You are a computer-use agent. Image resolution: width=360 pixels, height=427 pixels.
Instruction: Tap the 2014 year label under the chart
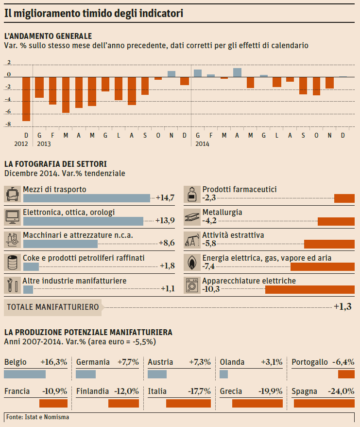[x=202, y=144]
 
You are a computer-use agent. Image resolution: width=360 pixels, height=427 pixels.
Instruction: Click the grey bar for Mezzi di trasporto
[x=86, y=198]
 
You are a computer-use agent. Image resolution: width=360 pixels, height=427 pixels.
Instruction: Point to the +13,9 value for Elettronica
[x=165, y=220]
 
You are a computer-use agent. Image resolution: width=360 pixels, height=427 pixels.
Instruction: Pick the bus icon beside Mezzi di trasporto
[x=12, y=194]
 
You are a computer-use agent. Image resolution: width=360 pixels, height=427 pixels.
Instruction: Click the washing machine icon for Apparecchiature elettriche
[x=192, y=285]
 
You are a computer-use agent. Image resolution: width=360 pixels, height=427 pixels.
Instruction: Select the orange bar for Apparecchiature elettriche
[x=310, y=290]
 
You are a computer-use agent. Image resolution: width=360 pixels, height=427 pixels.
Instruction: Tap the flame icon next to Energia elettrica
[x=192, y=262]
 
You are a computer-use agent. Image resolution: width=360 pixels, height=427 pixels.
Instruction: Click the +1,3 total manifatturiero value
[x=343, y=307]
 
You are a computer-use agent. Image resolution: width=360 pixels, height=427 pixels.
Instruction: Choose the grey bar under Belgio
[x=25, y=374]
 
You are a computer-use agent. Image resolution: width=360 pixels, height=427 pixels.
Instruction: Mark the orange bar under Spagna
[x=324, y=403]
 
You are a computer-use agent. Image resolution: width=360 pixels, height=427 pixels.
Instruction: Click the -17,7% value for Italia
[x=199, y=391]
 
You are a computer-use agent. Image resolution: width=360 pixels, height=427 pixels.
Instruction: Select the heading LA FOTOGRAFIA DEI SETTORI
[x=55, y=164]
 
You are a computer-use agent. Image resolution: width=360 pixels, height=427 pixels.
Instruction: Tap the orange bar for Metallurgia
[x=336, y=221]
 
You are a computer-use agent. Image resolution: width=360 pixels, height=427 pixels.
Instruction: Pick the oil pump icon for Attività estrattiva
[x=192, y=239]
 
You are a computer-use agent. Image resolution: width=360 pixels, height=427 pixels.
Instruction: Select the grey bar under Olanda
[x=224, y=374]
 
